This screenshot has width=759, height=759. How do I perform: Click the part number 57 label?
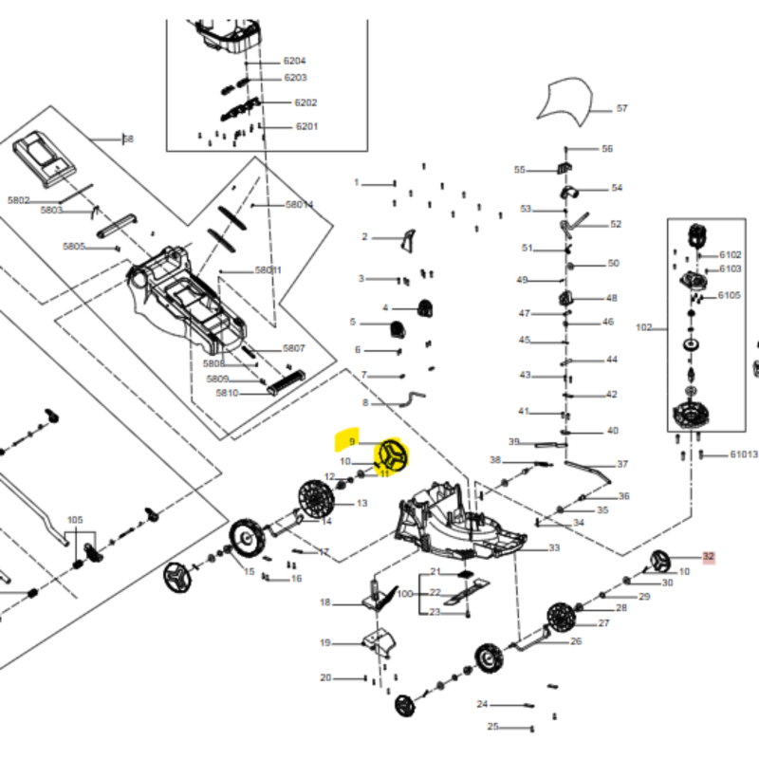click(x=622, y=108)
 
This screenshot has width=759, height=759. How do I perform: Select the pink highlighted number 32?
click(x=708, y=557)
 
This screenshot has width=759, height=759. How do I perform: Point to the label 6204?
click(x=294, y=61)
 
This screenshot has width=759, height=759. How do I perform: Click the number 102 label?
click(x=644, y=327)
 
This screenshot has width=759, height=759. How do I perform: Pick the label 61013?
click(x=744, y=454)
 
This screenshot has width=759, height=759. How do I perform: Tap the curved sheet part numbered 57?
click(x=566, y=101)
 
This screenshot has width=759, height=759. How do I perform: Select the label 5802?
click(x=19, y=200)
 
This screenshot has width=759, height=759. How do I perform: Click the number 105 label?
click(x=75, y=520)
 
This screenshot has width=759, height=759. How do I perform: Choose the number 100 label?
click(x=405, y=593)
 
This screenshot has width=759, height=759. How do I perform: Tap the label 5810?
click(x=227, y=393)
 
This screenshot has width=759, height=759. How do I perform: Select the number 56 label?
click(x=607, y=149)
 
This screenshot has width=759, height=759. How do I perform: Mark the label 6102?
click(x=730, y=254)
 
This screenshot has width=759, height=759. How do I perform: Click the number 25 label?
click(x=493, y=727)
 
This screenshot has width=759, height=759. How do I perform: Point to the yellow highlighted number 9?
click(x=352, y=442)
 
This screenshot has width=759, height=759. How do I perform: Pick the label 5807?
click(x=293, y=348)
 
